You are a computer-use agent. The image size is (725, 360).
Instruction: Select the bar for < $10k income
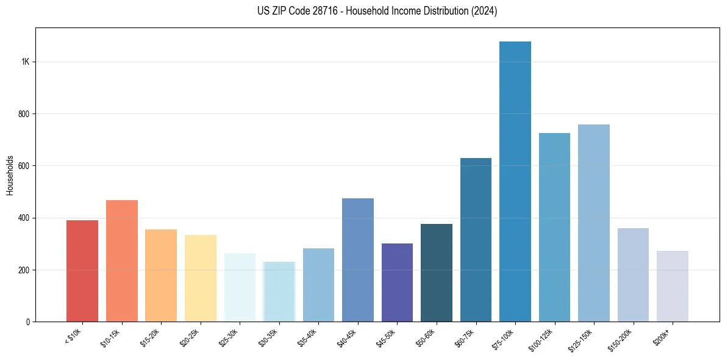[x=82, y=271]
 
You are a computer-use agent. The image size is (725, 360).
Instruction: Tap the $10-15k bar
[x=122, y=261]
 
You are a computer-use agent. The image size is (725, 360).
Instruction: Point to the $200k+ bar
[x=673, y=286]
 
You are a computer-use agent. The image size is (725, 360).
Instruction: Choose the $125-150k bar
[x=594, y=223]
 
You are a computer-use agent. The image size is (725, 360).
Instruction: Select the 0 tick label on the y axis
[x=28, y=322]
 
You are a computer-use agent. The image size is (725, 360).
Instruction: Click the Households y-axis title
[x=10, y=175]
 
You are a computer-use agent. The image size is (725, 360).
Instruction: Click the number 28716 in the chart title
[x=317, y=11]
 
